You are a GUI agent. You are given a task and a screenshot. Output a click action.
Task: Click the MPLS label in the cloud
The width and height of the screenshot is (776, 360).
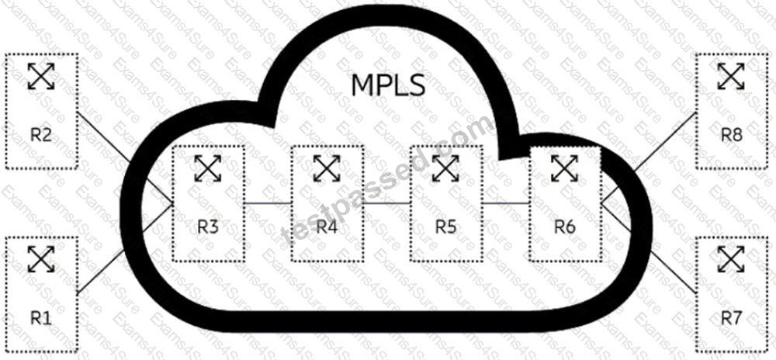388,85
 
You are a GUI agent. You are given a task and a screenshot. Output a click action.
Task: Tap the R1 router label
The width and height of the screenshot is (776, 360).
41,318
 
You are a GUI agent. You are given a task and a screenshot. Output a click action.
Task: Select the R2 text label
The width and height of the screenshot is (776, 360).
41,134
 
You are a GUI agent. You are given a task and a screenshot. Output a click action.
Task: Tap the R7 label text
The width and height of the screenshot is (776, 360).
731,318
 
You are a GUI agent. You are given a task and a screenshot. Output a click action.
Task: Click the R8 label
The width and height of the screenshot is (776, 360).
731,134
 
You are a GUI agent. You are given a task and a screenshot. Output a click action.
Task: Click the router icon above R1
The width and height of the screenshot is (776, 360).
41,258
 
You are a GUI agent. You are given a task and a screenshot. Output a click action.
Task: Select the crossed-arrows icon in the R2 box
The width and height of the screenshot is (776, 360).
41,76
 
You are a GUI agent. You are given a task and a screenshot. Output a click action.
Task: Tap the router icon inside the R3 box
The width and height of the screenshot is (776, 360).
208,168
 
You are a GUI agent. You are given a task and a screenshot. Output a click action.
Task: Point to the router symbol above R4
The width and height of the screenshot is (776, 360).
327,168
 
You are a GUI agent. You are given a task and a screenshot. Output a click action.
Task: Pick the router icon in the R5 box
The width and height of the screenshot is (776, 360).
446,168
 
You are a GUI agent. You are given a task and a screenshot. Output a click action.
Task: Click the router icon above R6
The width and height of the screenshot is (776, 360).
565,168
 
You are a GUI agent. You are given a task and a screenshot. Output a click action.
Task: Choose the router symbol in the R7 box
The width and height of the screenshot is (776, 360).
731,258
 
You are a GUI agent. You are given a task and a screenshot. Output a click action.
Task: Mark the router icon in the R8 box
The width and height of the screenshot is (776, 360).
731,76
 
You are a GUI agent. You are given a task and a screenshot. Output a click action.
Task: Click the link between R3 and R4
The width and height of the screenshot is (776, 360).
268,202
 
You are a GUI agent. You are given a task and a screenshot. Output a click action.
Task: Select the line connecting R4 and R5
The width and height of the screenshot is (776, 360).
387,202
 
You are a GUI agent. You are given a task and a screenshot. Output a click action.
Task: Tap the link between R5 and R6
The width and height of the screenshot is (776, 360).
506,202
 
